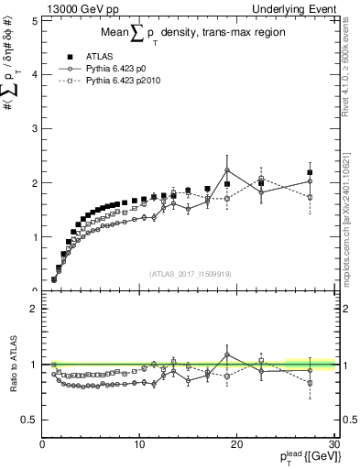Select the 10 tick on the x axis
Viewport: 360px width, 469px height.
139,445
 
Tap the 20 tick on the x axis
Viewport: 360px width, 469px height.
236,445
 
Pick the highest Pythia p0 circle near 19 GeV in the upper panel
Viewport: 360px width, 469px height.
226,169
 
